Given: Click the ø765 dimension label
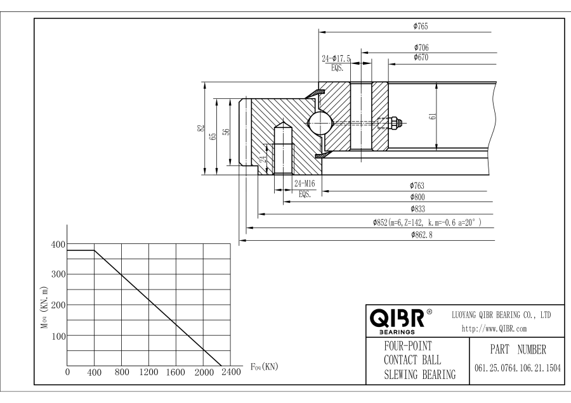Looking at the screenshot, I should click(x=420, y=27).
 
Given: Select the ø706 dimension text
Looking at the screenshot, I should click(x=421, y=48).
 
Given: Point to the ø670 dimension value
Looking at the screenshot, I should click(x=421, y=57).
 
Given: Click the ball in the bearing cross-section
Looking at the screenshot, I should click(x=335, y=123).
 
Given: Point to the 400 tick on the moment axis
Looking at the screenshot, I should click(x=58, y=244).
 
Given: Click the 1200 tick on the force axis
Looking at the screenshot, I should click(x=148, y=373).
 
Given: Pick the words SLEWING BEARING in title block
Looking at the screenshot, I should click(x=419, y=374).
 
